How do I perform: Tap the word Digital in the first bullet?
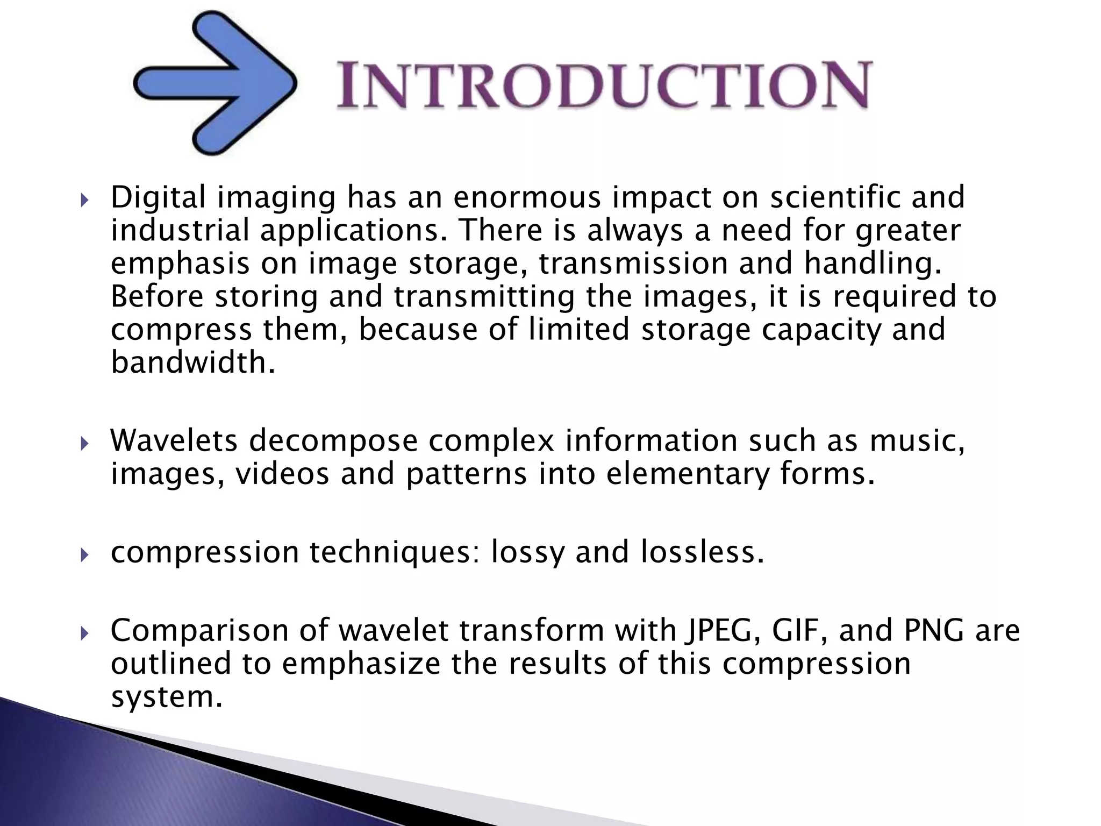coord(158,197)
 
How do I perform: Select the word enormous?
coord(526,197)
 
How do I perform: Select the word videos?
coord(282,474)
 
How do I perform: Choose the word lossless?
coord(702,552)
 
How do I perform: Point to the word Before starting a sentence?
coord(157,297)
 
